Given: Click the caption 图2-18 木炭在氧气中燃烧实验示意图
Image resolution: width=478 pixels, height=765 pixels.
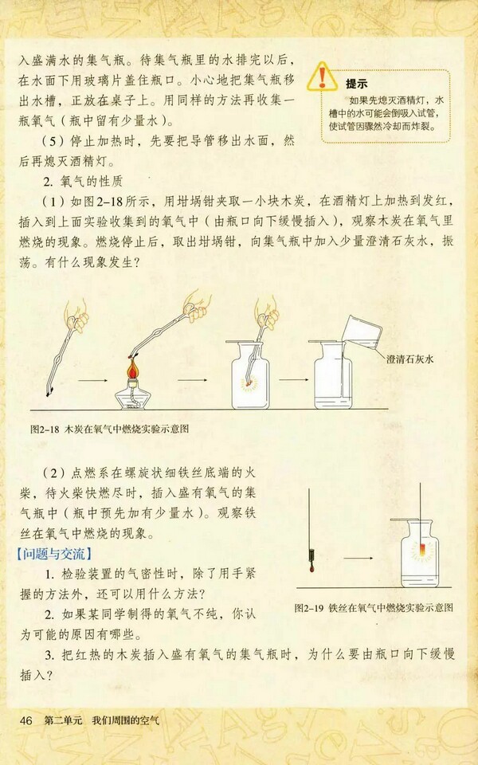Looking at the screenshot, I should coord(116,429).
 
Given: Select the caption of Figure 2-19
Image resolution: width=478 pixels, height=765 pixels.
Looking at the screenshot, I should coord(373,607).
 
